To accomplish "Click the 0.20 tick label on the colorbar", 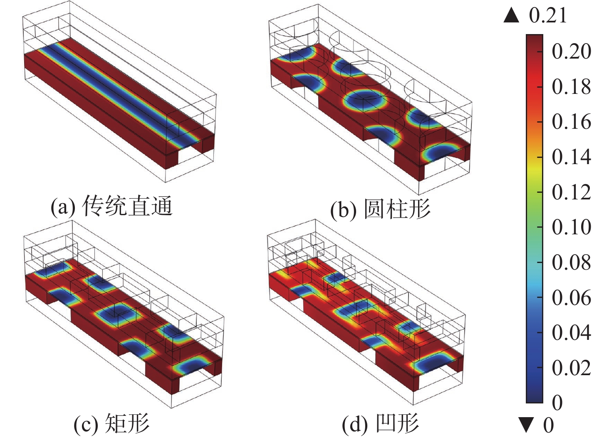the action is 571,52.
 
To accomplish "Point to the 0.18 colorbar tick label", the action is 571,87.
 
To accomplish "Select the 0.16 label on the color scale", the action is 571,122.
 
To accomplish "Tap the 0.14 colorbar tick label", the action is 571,157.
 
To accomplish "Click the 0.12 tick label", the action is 571,192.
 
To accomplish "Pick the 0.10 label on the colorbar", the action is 571,227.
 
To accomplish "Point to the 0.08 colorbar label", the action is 571,263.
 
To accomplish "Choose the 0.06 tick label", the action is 571,297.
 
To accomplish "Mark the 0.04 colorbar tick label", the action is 571,333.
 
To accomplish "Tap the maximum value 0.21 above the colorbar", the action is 548,16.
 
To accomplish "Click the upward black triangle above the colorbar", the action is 511,16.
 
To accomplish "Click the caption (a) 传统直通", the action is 112,206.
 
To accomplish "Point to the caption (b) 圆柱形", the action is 380,209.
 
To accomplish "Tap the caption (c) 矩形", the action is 111,423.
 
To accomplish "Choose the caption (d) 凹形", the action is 380,423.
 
